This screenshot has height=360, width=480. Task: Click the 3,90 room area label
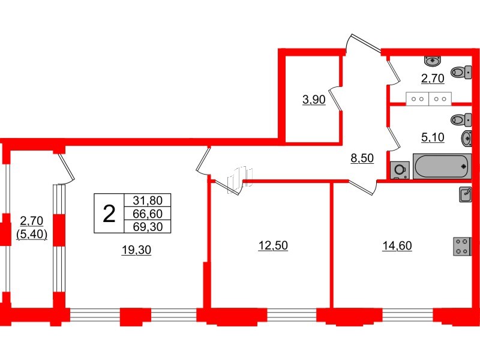coord(314,100)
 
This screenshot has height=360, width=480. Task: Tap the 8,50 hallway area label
coord(362,158)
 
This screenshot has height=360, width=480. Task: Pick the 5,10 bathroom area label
coord(433,137)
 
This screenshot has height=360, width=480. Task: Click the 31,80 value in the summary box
coord(147,201)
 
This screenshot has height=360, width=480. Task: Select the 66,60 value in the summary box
coord(147,214)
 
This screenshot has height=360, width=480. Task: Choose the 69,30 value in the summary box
coord(147,226)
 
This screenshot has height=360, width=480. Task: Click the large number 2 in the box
coord(109,214)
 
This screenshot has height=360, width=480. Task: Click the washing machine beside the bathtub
coord(400,170)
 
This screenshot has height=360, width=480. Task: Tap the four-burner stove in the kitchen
coord(462,247)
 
